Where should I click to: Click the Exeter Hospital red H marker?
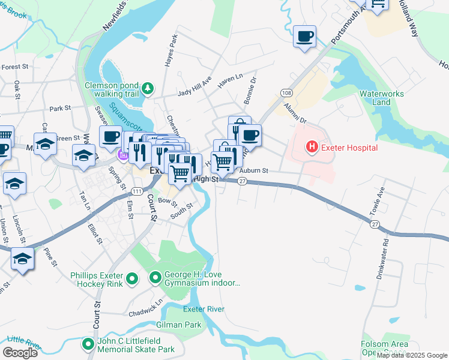point(312,146)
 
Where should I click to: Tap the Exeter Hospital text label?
point(349,148)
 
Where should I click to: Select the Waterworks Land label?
point(384,98)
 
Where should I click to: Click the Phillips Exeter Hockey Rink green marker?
point(133,279)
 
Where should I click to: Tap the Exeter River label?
point(204,309)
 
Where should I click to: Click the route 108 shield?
point(286,93)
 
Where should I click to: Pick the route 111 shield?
point(137,191)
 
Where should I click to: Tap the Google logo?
point(20,352)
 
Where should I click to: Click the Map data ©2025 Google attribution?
point(412,355)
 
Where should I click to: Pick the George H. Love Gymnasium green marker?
point(155,277)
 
